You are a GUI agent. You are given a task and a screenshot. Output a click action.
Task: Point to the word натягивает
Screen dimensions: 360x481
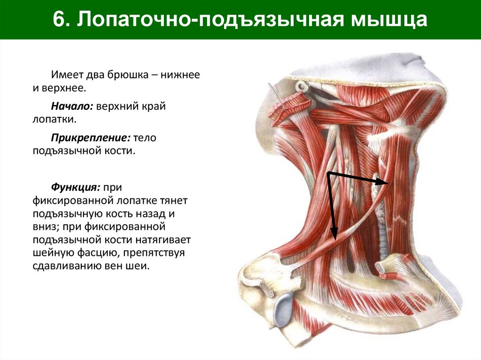[163, 240]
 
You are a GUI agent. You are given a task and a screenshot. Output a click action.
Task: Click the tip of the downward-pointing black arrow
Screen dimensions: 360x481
[334, 238]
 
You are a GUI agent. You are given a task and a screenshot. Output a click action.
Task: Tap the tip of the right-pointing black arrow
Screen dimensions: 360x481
[388, 183]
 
